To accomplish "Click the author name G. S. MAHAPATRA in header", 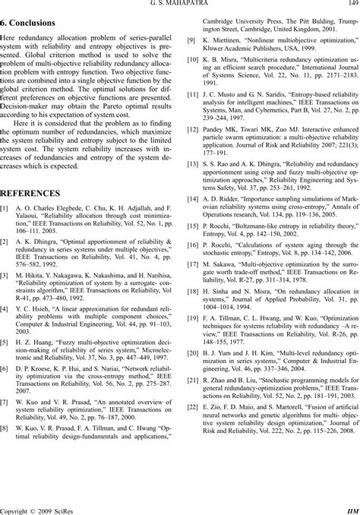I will coord(180,5).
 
